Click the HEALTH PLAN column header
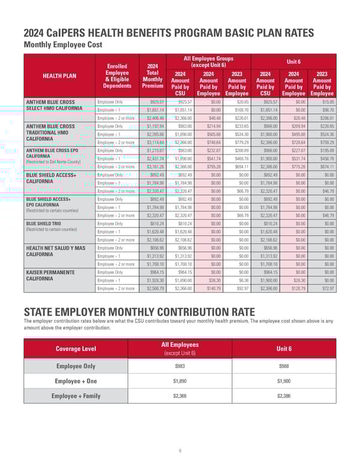58,75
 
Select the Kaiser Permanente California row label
50,276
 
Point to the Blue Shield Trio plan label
44,222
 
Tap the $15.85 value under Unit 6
324,102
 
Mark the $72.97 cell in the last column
324,288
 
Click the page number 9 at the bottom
179,450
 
